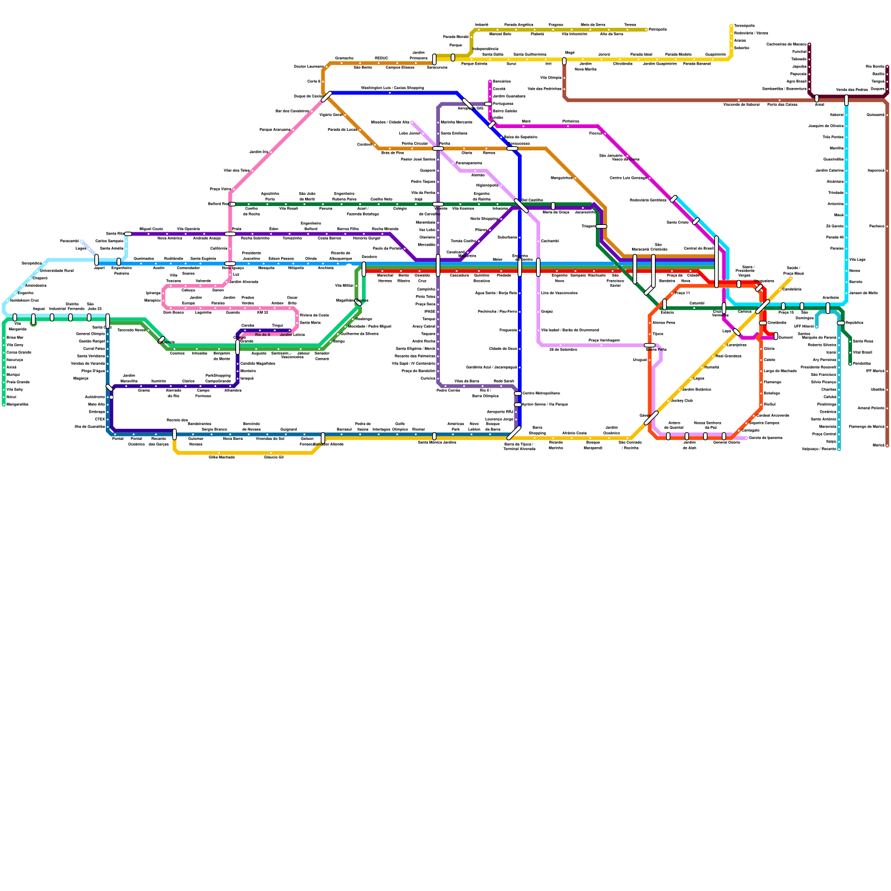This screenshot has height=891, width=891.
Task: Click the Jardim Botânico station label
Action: coord(696,389)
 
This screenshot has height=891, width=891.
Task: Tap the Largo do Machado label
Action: coord(780,371)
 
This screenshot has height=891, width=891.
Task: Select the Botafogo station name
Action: coord(772,393)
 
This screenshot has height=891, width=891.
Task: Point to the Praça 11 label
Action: coord(682,293)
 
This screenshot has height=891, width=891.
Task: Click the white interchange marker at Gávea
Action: coord(651,418)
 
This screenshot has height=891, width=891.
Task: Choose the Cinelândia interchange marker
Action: coord(763,323)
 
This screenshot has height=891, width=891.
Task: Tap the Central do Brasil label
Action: coord(698,248)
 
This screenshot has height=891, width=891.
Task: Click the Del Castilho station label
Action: coord(532,200)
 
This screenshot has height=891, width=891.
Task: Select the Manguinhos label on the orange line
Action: coord(561,178)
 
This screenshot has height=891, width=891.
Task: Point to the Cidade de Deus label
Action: coord(503,349)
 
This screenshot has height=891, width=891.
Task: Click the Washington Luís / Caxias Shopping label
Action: coord(392,88)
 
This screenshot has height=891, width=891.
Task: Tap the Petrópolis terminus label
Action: coord(658,30)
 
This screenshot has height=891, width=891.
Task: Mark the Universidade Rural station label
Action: coord(56,271)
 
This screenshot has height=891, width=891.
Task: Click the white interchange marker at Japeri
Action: coord(97,260)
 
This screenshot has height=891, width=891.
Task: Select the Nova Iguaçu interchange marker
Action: coord(230,263)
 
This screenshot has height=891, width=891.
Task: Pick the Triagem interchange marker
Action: coord(601,227)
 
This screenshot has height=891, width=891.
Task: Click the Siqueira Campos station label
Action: coord(764,423)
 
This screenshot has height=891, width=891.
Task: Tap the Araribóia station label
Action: coord(830,298)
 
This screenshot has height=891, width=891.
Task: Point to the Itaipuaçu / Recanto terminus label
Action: coord(819,449)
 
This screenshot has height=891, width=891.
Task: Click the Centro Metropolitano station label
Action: coord(541,393)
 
